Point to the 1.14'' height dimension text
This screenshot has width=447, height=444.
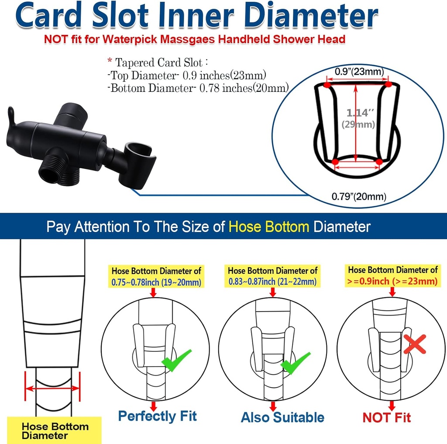pos(357,113)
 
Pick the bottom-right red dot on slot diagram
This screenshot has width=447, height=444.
pos(379,162)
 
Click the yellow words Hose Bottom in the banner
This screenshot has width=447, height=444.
pos(269,227)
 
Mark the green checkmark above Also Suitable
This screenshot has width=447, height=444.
pos(295,362)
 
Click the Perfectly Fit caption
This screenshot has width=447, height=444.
pos(157,416)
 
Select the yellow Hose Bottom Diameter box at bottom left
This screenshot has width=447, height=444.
pos(55,430)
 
